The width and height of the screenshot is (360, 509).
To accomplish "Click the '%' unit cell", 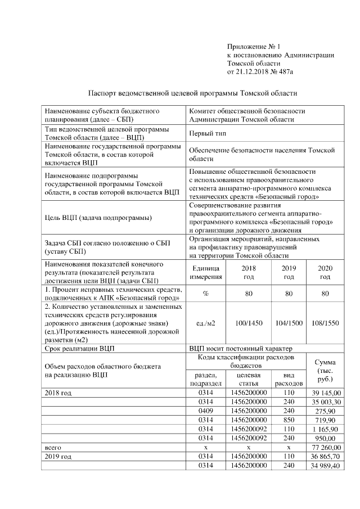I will point(206,293).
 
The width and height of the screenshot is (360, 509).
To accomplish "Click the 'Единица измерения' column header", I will point(206,272).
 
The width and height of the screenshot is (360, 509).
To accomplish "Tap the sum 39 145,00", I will point(325,393).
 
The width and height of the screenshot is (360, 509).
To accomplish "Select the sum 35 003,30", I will point(325,402).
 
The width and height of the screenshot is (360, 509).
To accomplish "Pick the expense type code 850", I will point(288,420).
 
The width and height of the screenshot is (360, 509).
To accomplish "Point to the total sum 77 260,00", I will point(325,447).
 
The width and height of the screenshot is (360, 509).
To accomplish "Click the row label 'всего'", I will point(52,447).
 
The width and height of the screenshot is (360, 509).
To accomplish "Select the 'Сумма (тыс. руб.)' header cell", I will point(325,371).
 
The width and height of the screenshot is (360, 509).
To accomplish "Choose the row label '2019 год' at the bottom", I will point(58,456).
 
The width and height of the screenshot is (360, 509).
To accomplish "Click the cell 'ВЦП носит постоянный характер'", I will point(238,349).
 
